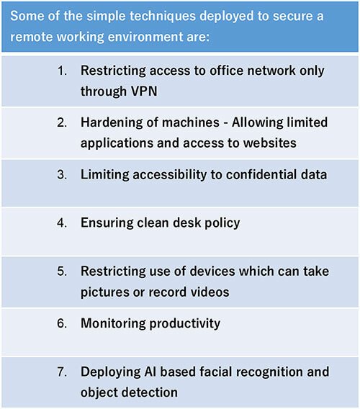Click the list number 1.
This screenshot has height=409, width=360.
pyautogui.click(x=62, y=71)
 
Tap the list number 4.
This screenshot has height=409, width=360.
pyautogui.click(x=62, y=223)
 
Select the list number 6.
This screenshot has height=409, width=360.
pyautogui.click(x=62, y=323)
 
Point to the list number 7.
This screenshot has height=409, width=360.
pyautogui.click(x=62, y=372)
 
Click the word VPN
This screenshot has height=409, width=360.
pyautogui.click(x=144, y=91)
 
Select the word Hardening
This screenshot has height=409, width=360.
pyautogui.click(x=112, y=122)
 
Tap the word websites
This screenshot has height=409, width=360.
pyautogui.click(x=270, y=143)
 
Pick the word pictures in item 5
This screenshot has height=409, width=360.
pyautogui.click(x=105, y=292)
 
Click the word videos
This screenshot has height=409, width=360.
pyautogui.click(x=210, y=292)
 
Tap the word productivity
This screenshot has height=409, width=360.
pyautogui.click(x=185, y=324)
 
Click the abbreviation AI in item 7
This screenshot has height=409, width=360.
pyautogui.click(x=150, y=372)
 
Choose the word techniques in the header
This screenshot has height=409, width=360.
pyautogui.click(x=162, y=16)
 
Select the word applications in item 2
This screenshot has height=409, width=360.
pyautogui.click(x=117, y=143)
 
